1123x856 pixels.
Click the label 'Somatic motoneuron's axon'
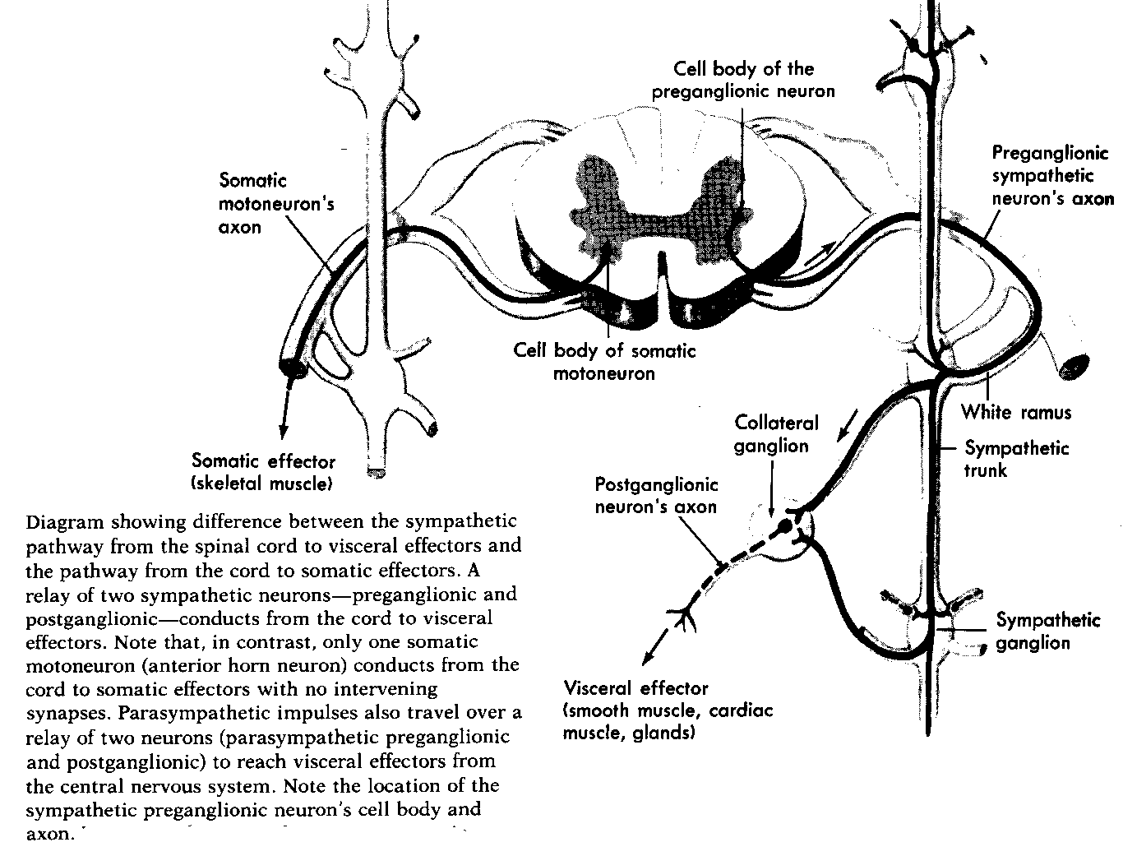point(276,202)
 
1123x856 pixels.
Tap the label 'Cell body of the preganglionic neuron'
point(743,80)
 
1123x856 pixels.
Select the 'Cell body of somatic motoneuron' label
point(604,362)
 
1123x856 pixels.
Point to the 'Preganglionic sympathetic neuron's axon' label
point(1052,175)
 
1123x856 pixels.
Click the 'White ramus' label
point(1016,411)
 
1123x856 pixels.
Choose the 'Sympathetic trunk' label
point(1016,459)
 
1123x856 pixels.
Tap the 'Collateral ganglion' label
point(776,434)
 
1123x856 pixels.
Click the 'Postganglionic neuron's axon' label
point(656,495)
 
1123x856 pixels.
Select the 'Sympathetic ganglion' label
point(1047,631)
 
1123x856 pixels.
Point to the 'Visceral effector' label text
point(635,688)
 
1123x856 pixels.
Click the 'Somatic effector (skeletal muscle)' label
point(263,472)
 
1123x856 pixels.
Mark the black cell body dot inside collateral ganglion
point(785,525)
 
